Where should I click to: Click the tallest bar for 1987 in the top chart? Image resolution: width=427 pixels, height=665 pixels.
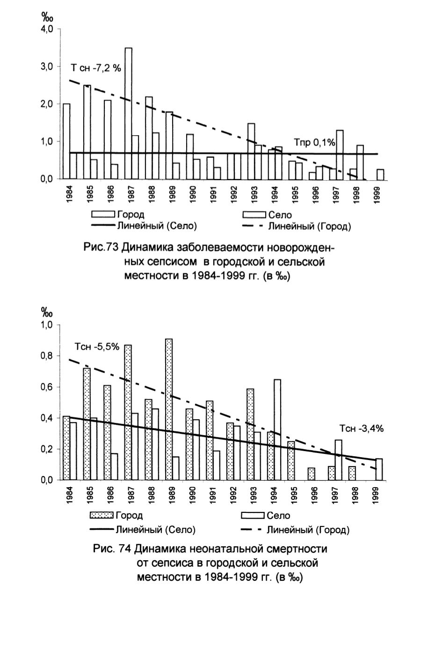tap(128, 113)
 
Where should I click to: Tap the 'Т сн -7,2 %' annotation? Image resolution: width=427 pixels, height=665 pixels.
tap(96, 68)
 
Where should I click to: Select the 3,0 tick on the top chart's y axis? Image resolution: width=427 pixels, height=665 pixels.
tap(46, 66)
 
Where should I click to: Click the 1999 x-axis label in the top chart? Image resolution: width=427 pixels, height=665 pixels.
tap(377, 195)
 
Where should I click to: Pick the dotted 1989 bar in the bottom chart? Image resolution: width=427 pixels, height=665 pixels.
tap(169, 409)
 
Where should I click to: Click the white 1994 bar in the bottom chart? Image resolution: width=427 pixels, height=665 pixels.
tap(277, 430)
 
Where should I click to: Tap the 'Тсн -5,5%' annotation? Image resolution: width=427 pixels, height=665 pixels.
tap(97, 346)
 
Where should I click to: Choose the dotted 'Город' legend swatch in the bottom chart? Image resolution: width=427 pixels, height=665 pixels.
tap(101, 515)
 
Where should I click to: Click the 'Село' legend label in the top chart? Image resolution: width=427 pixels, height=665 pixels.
tap(280, 215)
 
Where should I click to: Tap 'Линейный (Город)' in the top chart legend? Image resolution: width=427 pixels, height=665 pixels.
tap(310, 227)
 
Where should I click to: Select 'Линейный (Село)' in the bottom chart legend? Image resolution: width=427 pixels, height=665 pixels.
tap(155, 530)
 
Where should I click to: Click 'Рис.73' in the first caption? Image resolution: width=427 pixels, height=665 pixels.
tap(101, 247)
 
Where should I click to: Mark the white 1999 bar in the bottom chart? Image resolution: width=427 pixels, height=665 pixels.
tap(379, 469)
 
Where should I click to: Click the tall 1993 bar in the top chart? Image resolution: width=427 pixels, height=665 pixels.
tap(251, 151)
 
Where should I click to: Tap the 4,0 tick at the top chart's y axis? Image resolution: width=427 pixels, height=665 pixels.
tap(46, 29)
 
